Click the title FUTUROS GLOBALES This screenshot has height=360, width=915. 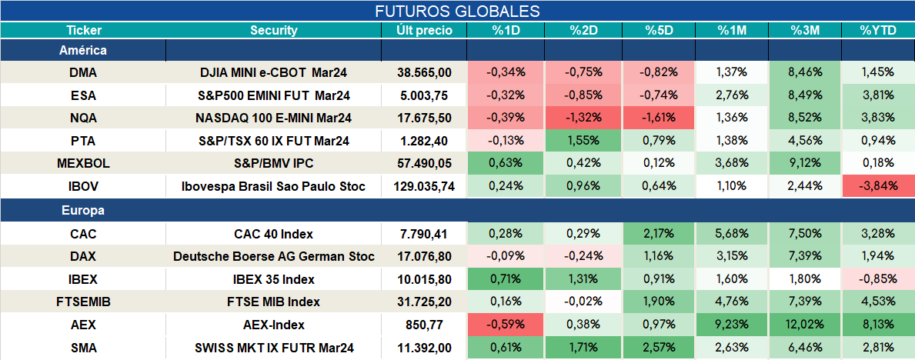click(x=457, y=11)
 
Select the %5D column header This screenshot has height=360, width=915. click(x=660, y=31)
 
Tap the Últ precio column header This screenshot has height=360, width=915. click(x=424, y=31)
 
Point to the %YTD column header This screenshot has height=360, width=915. click(x=877, y=31)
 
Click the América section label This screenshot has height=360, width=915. click(x=83, y=50)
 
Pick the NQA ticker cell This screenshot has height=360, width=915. click(x=83, y=118)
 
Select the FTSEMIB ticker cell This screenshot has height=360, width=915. click(x=83, y=302)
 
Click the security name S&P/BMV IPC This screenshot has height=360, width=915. click(x=274, y=163)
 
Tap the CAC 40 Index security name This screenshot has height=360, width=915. click(x=274, y=234)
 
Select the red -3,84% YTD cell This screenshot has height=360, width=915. click(x=877, y=187)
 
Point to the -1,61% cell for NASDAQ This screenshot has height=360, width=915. click(x=660, y=118)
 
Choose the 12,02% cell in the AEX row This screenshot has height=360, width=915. click(x=805, y=325)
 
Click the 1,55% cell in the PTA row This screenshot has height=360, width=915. click(x=583, y=141)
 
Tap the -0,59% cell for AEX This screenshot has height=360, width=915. click(x=506, y=325)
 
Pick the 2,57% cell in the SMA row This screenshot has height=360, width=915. click(x=660, y=348)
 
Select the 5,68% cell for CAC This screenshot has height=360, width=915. click(x=732, y=234)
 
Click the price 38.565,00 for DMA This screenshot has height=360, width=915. click(x=424, y=72)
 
